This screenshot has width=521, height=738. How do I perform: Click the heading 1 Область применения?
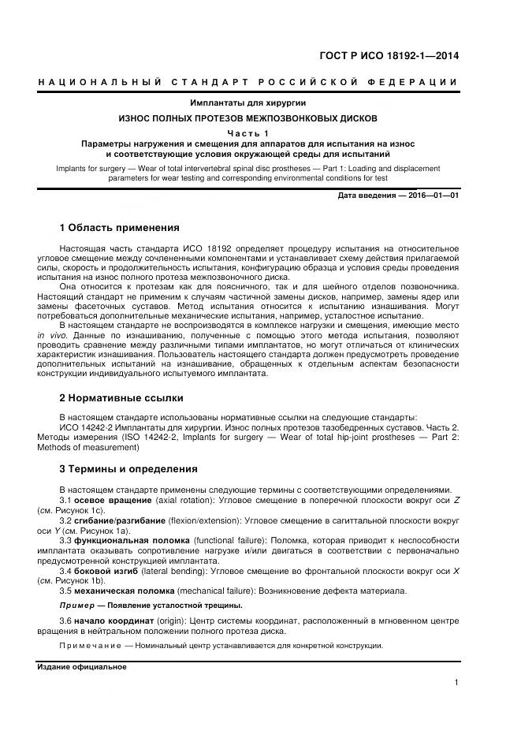[x=120, y=228]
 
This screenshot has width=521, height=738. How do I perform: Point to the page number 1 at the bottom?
[x=456, y=683]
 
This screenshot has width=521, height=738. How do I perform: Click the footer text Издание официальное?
[x=82, y=666]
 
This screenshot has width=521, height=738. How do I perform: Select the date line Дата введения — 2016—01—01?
[x=398, y=195]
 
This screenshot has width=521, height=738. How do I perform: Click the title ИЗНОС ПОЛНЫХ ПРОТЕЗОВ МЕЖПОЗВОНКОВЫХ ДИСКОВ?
[x=248, y=118]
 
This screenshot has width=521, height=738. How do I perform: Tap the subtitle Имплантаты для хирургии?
[x=247, y=103]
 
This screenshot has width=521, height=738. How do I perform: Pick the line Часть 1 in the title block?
[x=248, y=133]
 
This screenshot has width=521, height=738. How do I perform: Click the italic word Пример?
[x=76, y=606]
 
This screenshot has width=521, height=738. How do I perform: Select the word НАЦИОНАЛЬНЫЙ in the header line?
[x=99, y=82]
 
